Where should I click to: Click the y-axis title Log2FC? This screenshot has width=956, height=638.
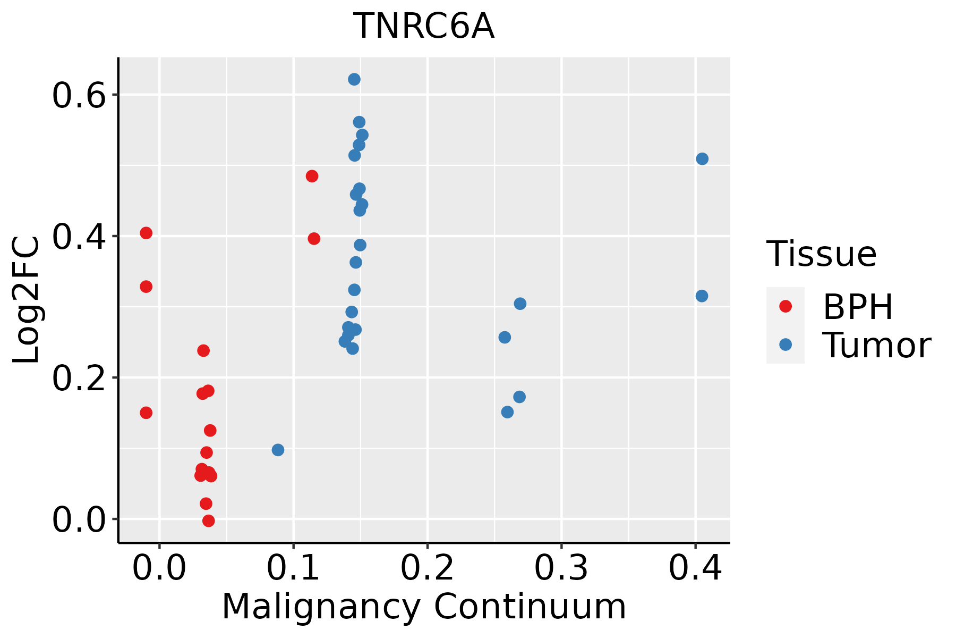[x=27, y=300]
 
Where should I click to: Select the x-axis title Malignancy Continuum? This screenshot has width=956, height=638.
[x=424, y=607]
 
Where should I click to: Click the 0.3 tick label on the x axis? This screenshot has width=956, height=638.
[x=561, y=568]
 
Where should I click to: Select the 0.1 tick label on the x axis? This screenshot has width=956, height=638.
[x=293, y=568]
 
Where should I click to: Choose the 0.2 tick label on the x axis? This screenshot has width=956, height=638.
[x=427, y=568]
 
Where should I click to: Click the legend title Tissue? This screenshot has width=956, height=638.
[x=822, y=254]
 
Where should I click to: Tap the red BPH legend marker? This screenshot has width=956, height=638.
[x=785, y=306]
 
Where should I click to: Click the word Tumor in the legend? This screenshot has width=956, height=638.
[x=876, y=346]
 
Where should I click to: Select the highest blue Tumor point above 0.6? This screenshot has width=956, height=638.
[x=354, y=79]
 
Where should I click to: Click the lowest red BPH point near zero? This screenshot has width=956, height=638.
[x=209, y=521]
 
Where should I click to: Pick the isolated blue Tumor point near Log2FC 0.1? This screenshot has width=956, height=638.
[x=278, y=450]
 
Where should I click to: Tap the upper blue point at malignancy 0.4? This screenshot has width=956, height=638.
[x=702, y=159]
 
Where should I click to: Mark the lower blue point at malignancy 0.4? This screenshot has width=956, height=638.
[x=702, y=296]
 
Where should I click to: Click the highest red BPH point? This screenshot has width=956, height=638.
[x=312, y=176]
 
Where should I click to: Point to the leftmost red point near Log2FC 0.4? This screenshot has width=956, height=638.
[x=146, y=233]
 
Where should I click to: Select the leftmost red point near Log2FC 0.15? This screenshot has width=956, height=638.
[x=146, y=413]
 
